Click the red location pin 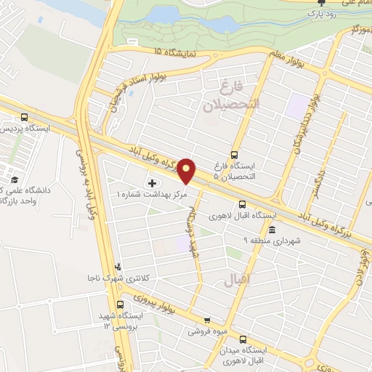click(187, 171)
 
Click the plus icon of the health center click(152, 182)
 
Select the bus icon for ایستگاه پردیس click(25, 117)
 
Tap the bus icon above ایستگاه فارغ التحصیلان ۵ click(235, 155)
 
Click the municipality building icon click(272, 230)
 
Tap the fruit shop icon click(208, 320)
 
